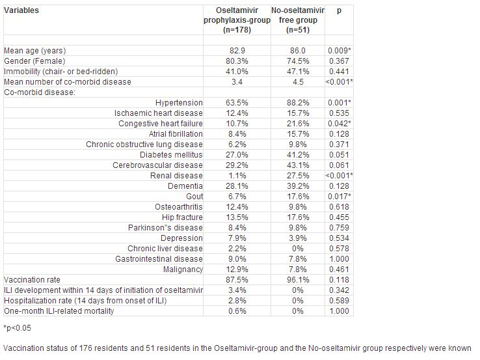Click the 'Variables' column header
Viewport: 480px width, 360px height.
point(21,10)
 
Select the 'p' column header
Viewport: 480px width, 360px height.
point(339,11)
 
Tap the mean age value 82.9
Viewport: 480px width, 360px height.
point(237,51)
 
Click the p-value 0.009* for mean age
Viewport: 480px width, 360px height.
point(339,51)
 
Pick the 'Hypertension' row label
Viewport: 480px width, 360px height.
point(179,103)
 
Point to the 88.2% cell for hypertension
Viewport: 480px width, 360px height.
point(298,103)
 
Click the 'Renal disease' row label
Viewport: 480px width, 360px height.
point(176,176)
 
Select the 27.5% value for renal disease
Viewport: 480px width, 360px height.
point(298,176)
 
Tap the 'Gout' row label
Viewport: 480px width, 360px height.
point(194,197)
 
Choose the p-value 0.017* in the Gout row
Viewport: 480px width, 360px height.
point(339,197)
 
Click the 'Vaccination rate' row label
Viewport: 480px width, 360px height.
point(32,280)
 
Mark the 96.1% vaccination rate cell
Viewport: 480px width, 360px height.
point(298,280)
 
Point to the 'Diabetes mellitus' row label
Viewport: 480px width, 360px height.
point(171,155)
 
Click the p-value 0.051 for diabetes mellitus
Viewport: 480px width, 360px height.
point(339,155)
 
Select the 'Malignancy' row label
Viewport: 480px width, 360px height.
point(183,270)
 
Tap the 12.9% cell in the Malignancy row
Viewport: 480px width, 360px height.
point(237,270)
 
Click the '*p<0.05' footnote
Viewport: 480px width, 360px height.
point(18,328)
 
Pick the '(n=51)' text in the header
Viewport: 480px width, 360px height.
point(298,30)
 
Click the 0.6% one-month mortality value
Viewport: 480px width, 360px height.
point(237,311)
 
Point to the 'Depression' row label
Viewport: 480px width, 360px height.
point(181,238)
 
